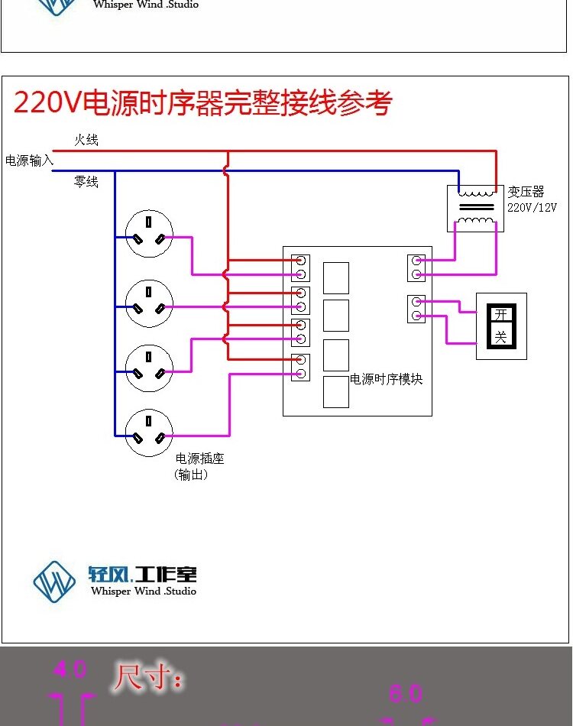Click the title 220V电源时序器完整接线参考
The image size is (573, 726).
coord(202,102)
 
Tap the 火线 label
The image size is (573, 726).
coord(86,141)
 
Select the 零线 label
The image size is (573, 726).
coord(86,182)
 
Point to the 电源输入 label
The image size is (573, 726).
coord(29,160)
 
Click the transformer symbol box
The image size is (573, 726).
coord(475,208)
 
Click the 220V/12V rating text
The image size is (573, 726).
coord(533,207)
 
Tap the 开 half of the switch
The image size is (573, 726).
coord(500,315)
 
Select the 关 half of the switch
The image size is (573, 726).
coord(500,336)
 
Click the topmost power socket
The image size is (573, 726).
coord(149,233)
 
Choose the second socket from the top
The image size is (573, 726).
coord(149,303)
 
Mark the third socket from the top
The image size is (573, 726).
coord(149,368)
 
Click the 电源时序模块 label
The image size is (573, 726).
coord(386,379)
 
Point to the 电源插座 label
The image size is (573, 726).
coord(199,459)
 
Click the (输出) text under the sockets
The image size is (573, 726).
coord(191,475)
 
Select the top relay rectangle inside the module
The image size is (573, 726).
coord(336,278)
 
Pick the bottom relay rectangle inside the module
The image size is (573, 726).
coord(336,392)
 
